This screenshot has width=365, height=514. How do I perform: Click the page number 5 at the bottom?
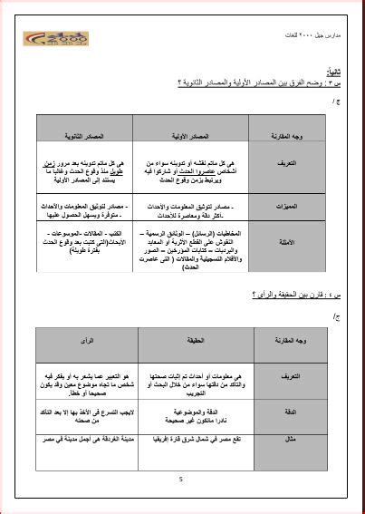[x=181, y=480]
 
